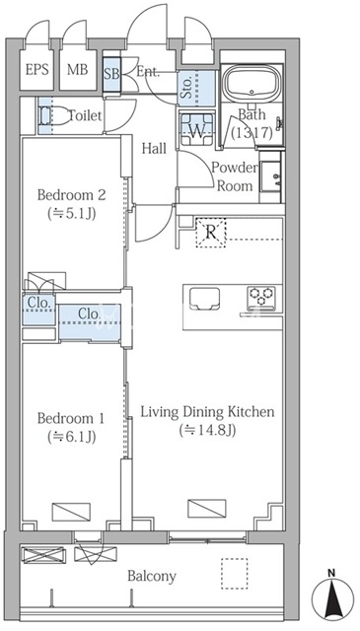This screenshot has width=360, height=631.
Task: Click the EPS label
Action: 37,70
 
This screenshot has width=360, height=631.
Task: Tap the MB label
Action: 77,70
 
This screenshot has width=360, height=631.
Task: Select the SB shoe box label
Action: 112,75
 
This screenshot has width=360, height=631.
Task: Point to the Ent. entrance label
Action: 148,72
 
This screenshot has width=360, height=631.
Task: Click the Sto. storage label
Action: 187,89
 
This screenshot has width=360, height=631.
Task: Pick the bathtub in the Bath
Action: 252,84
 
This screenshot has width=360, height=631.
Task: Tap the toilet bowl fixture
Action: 54,116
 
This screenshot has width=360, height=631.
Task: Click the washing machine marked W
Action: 196,129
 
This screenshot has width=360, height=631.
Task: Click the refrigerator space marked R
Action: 211,233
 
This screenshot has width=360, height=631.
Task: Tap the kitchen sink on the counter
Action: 204,299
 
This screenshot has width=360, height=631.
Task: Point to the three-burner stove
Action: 261,298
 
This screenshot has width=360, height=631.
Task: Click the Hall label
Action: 154,149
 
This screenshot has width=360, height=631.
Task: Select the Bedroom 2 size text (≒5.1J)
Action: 71,213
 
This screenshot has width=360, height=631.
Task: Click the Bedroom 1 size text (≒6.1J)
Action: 71,436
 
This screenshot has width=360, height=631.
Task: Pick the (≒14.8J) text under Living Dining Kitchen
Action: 207,430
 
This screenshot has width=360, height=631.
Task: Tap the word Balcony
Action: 152,576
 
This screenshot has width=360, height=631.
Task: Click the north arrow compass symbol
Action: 332,595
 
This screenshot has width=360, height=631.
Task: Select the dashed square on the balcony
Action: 234,574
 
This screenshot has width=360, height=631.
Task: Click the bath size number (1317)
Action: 252,132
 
